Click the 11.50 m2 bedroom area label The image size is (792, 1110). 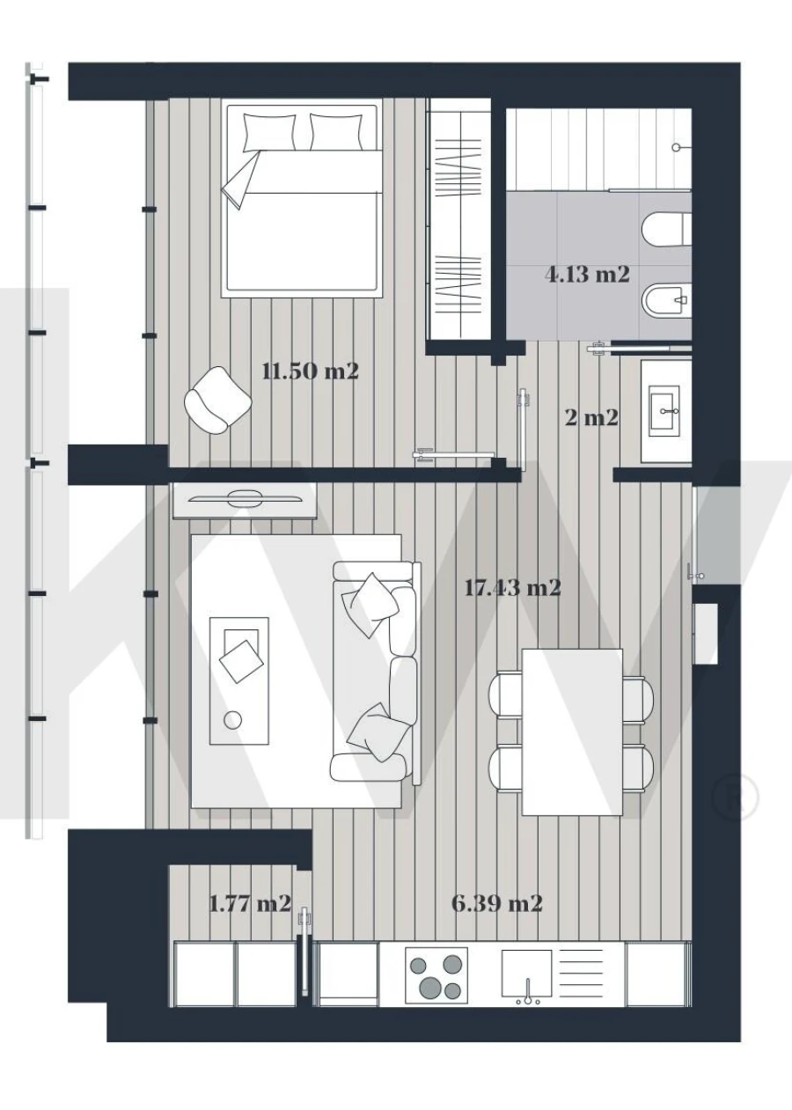point(311,371)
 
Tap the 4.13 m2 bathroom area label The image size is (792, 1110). point(587,275)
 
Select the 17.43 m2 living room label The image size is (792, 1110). point(512,587)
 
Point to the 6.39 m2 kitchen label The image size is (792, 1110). point(496,903)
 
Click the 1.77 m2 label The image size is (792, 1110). point(249,904)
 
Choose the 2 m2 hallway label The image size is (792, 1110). point(591,417)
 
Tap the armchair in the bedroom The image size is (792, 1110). point(217,401)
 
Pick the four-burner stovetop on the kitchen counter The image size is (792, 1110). point(436,975)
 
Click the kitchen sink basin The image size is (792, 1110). point(526,972)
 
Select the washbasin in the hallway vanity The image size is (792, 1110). point(665,410)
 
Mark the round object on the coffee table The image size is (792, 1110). point(233,720)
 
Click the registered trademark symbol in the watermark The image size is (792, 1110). point(736,796)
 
